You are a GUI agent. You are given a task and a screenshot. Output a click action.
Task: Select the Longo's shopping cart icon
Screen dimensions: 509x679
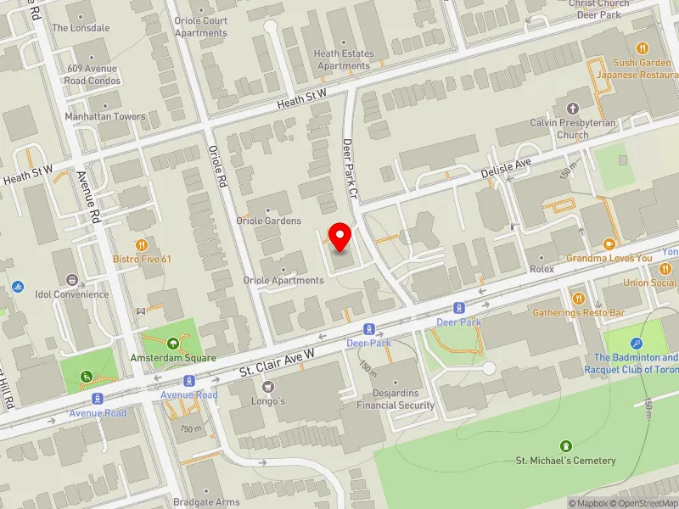267,386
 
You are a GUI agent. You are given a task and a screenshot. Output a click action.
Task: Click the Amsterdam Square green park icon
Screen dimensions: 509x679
173,344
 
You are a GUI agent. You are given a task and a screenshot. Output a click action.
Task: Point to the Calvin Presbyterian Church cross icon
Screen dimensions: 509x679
572,109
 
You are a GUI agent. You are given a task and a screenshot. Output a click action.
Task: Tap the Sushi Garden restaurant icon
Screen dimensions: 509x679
643,48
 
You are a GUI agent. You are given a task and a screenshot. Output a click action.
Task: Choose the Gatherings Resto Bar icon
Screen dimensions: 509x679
578,298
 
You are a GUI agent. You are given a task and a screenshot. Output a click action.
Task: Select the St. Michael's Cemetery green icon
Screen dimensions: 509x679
566,445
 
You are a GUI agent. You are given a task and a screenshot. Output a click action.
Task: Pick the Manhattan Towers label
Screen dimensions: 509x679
106,116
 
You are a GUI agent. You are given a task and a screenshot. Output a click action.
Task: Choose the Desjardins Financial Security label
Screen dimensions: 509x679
396,400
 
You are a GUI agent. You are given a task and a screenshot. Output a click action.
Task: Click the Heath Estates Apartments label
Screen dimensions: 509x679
343,59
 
